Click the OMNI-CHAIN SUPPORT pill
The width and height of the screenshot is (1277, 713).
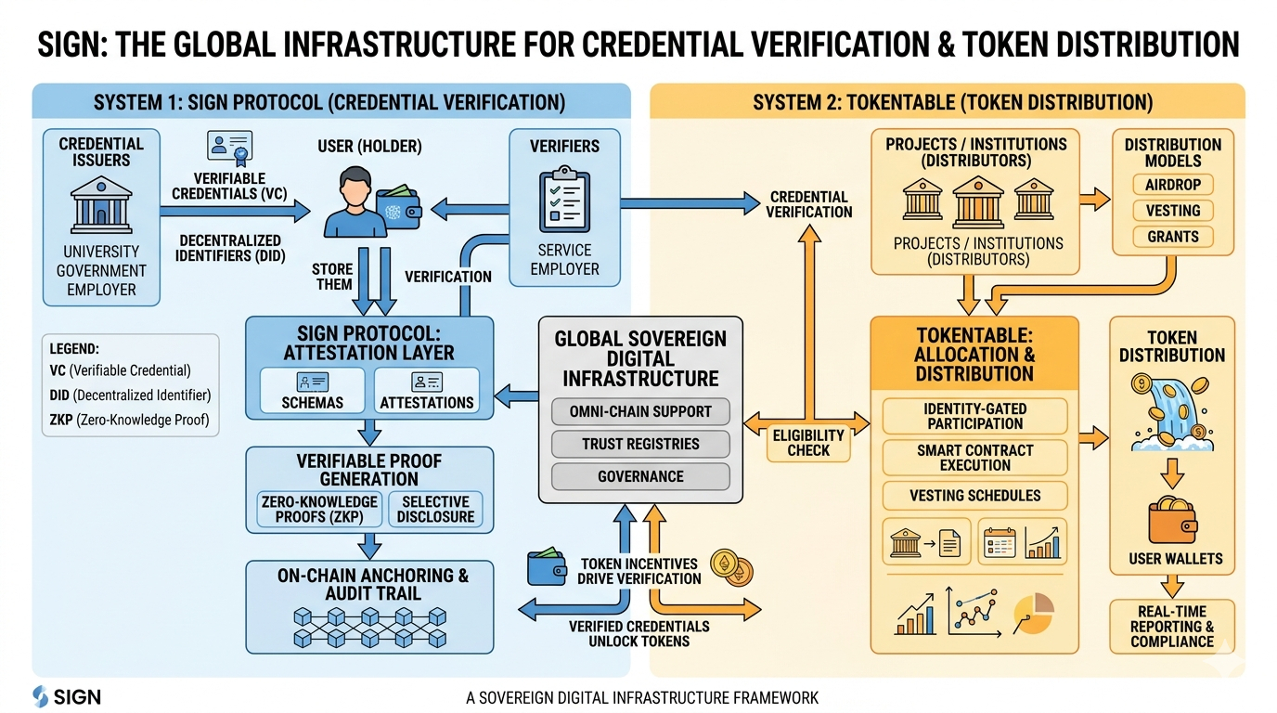[641, 411]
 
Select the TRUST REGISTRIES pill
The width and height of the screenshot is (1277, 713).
[641, 444]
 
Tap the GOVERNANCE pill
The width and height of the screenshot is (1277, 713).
[641, 476]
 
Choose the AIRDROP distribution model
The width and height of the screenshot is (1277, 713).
[1173, 185]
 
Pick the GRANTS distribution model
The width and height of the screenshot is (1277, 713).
[1173, 237]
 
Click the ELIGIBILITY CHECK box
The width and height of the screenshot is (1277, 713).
[809, 443]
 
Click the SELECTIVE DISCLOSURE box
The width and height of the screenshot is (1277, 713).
[436, 509]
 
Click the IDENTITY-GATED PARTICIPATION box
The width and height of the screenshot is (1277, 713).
[974, 416]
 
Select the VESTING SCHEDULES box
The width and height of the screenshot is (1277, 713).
[974, 496]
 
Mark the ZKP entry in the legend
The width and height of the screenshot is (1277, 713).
[129, 420]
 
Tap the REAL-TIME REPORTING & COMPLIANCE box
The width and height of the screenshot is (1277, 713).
[1173, 626]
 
